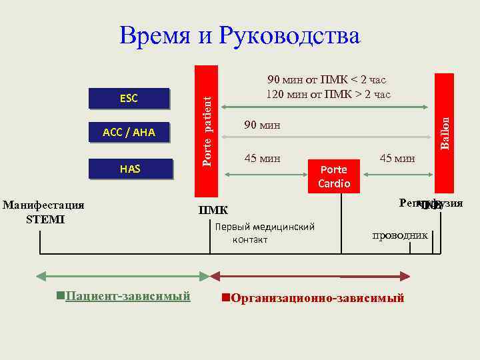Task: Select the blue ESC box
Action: click(x=129, y=99)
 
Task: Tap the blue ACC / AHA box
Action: click(x=129, y=133)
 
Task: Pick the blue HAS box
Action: click(x=130, y=169)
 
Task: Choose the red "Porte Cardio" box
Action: click(x=334, y=176)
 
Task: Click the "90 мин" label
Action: click(x=263, y=125)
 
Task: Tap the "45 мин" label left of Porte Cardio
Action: click(x=263, y=158)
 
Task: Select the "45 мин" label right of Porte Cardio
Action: click(x=397, y=158)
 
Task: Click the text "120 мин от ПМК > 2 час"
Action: click(x=328, y=94)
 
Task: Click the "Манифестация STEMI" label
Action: click(x=43, y=211)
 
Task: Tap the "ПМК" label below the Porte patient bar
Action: click(x=213, y=211)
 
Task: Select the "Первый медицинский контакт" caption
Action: click(x=265, y=233)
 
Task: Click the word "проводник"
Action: click(x=400, y=235)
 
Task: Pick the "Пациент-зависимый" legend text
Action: click(x=127, y=295)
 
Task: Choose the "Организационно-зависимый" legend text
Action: click(x=316, y=297)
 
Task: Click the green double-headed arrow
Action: click(x=122, y=275)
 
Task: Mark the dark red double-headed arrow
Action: click(x=310, y=275)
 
